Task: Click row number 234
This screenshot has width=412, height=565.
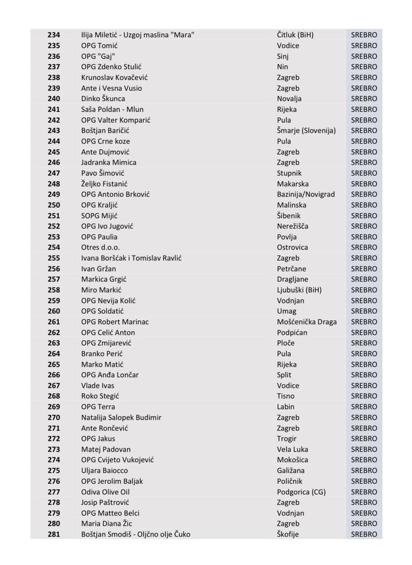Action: [x=54, y=35]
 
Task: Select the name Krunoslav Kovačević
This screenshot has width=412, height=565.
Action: [x=114, y=77]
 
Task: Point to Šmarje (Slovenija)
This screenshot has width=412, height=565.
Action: [x=306, y=130]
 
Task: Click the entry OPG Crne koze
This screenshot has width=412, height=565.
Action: [x=105, y=141]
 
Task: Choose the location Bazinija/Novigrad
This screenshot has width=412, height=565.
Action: [x=305, y=194]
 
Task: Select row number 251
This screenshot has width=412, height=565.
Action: [x=54, y=215]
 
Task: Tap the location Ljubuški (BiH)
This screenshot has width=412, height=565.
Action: [x=299, y=290]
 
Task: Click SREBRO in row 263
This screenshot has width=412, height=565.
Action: [x=364, y=343]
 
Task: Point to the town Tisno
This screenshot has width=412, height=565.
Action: [x=286, y=396]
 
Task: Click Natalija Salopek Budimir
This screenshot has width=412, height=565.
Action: [x=121, y=417]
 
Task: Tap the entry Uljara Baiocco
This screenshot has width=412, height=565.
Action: [x=104, y=470]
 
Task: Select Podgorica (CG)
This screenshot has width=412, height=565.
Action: [x=301, y=491]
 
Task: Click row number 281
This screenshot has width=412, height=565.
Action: [x=54, y=534]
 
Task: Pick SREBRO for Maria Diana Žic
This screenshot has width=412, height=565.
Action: [x=364, y=524]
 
